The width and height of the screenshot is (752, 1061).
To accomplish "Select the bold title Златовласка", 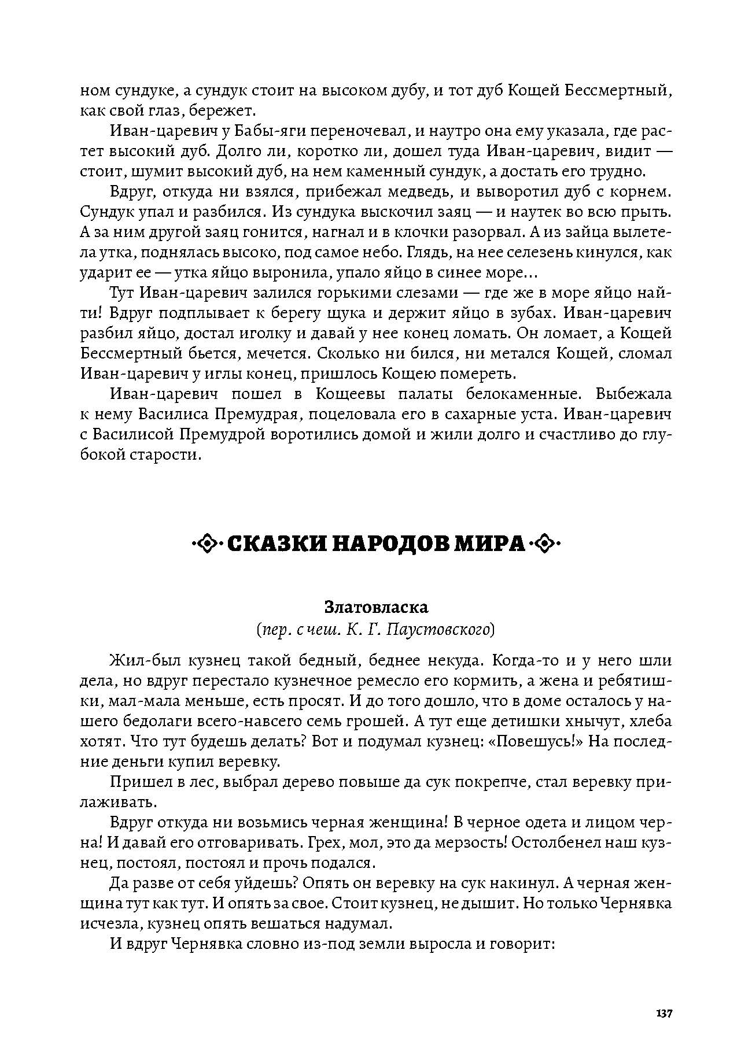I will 376,607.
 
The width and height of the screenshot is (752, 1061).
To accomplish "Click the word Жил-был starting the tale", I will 138,661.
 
